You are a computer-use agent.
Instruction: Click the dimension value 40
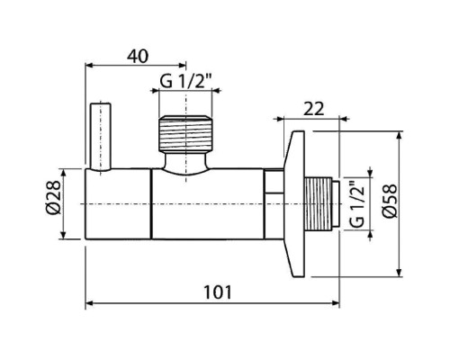tap(138, 56)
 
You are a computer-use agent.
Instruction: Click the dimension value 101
tap(218, 292)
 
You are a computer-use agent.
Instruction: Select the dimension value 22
tap(314, 109)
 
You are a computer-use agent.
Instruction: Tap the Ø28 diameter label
tap(53, 197)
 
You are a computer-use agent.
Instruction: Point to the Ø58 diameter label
tap(390, 201)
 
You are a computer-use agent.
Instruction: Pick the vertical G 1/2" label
tap(357, 204)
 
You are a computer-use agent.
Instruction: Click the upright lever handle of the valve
tap(101, 138)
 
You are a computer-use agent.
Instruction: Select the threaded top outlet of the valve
tap(185, 133)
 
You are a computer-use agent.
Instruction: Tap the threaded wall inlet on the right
tap(321, 204)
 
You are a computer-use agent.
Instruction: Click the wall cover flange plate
tap(294, 204)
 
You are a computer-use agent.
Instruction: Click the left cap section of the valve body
tap(118, 204)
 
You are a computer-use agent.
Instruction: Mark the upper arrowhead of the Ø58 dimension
tap(399, 135)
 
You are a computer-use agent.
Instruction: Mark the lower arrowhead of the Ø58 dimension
tap(399, 273)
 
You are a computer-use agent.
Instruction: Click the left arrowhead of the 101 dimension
tap(90, 303)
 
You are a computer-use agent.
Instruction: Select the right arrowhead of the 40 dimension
tap(182, 65)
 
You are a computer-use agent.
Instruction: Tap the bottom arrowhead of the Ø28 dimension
tap(63, 235)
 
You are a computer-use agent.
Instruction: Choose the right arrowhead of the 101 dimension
tap(336, 303)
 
